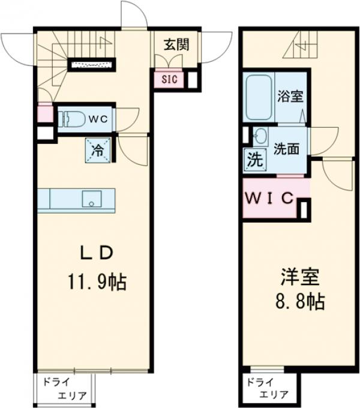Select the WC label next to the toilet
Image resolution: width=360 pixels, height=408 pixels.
(x=98, y=119)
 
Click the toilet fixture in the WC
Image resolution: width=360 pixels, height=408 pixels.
(x=72, y=118)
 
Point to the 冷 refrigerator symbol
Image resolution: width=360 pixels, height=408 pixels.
(x=97, y=150)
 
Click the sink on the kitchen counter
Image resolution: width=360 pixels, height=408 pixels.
(x=91, y=199)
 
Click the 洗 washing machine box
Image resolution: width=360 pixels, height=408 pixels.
(x=253, y=161)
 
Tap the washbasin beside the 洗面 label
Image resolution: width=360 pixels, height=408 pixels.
(x=260, y=137)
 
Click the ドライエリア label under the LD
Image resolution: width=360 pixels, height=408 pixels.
(x=64, y=388)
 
